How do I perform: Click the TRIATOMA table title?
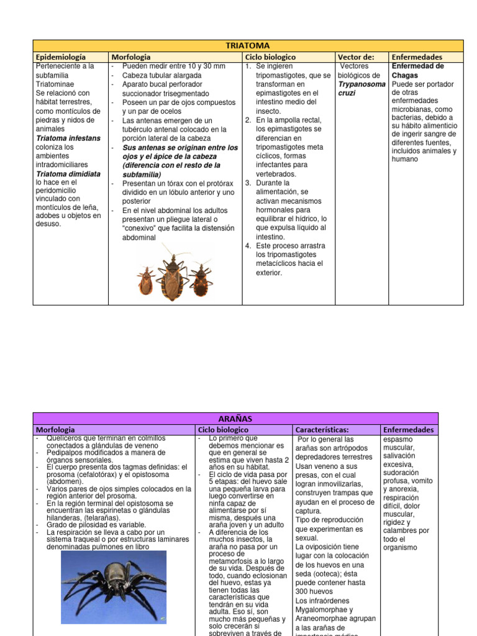[x=248, y=45]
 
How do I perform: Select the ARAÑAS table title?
[x=235, y=419]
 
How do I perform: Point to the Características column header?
[x=322, y=430]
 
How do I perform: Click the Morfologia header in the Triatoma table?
[x=131, y=57]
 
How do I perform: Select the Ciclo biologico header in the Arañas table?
[x=223, y=430]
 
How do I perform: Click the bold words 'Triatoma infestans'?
[x=68, y=138]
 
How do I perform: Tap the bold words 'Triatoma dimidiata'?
[x=68, y=174]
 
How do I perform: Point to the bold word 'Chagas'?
[x=405, y=75]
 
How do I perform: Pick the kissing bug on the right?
[x=200, y=279]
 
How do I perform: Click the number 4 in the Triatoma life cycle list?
[x=247, y=246]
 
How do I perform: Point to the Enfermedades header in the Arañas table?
[x=409, y=430]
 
